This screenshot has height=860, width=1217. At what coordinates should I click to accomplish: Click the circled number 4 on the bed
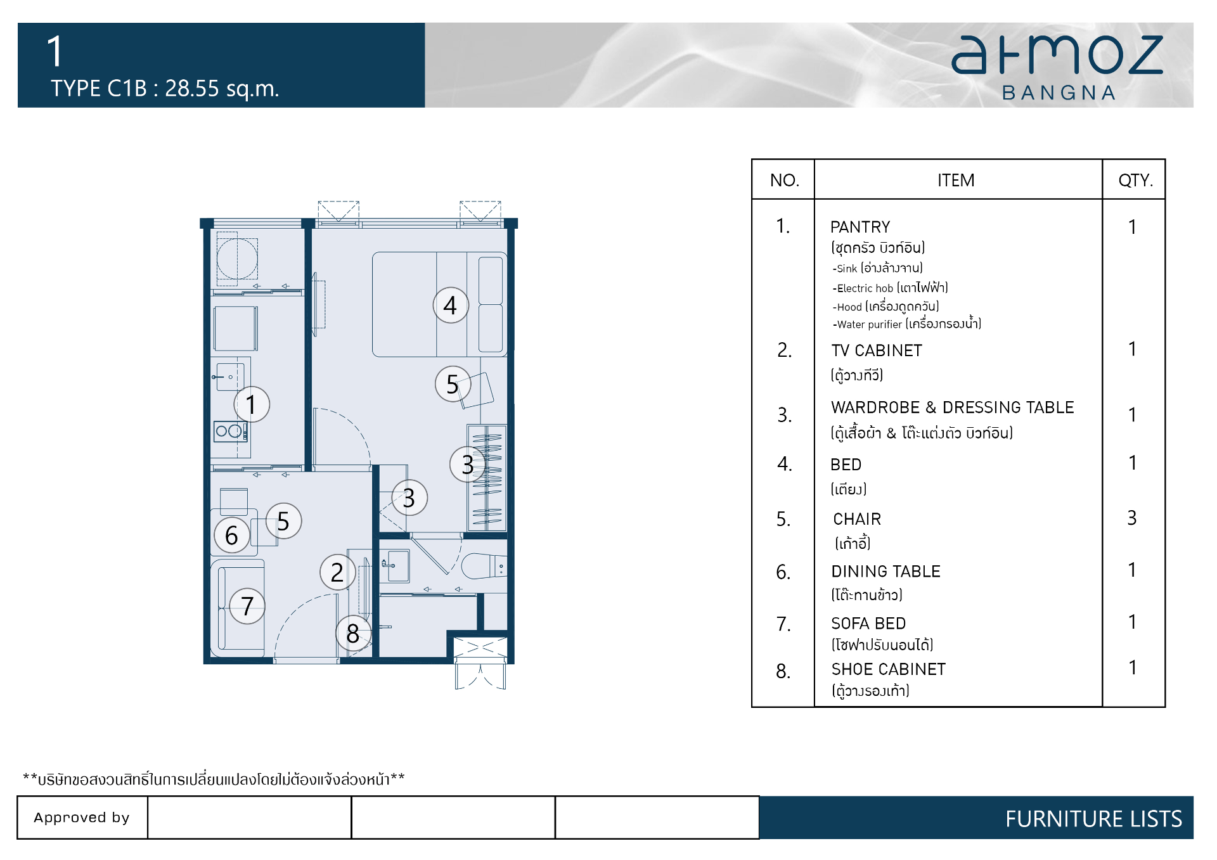[x=451, y=305]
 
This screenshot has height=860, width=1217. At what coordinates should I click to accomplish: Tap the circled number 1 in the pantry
[x=252, y=404]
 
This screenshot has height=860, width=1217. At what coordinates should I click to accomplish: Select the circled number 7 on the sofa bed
[x=247, y=606]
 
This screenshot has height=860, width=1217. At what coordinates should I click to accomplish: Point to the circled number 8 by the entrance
[x=353, y=633]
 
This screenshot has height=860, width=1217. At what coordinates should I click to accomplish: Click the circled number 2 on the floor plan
[x=337, y=572]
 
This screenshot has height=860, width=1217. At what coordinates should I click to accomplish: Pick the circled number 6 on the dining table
[x=232, y=536]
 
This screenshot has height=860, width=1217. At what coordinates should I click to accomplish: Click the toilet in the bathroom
[x=484, y=566]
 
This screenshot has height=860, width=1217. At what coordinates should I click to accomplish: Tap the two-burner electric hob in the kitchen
[x=230, y=432]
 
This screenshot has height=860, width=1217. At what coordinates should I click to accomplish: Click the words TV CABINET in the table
[x=877, y=350]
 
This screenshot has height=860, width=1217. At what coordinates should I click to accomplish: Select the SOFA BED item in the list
[x=868, y=624]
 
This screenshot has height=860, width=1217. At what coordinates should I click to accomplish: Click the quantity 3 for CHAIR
[x=1132, y=518]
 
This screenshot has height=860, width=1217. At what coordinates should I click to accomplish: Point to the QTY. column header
[x=1135, y=181]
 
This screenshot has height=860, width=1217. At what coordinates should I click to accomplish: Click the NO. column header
[x=785, y=181]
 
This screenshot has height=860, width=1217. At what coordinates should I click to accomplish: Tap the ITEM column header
[x=956, y=181]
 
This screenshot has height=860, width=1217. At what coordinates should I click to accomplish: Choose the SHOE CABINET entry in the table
[x=888, y=669]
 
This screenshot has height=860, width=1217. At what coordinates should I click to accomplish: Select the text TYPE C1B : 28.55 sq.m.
[x=165, y=89]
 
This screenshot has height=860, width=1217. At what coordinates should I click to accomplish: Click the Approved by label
[x=82, y=818]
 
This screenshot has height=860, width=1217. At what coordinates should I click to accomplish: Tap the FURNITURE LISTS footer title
[x=1093, y=819]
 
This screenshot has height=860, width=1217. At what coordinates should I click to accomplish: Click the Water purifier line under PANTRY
[x=907, y=324]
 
